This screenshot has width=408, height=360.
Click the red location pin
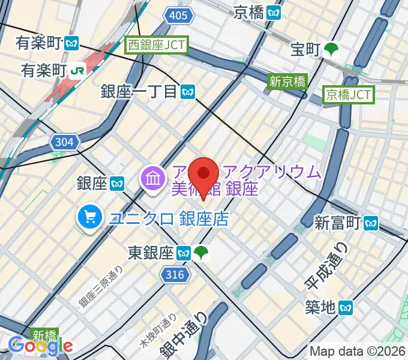coord(203,176)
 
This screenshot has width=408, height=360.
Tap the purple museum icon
coord(152,178)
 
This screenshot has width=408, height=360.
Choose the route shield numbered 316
coord(175,275)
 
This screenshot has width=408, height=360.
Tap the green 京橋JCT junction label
coord(349,94)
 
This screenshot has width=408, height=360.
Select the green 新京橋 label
coord(287,82)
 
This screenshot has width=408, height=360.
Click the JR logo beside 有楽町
coord(77,70)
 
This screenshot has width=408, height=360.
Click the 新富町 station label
coord(339,224)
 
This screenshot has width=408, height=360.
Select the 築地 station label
coord(320,308)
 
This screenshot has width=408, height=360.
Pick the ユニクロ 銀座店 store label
coord(169,218)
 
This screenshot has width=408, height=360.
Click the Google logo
coord(40,346)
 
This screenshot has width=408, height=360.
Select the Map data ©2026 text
coord(356,351)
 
